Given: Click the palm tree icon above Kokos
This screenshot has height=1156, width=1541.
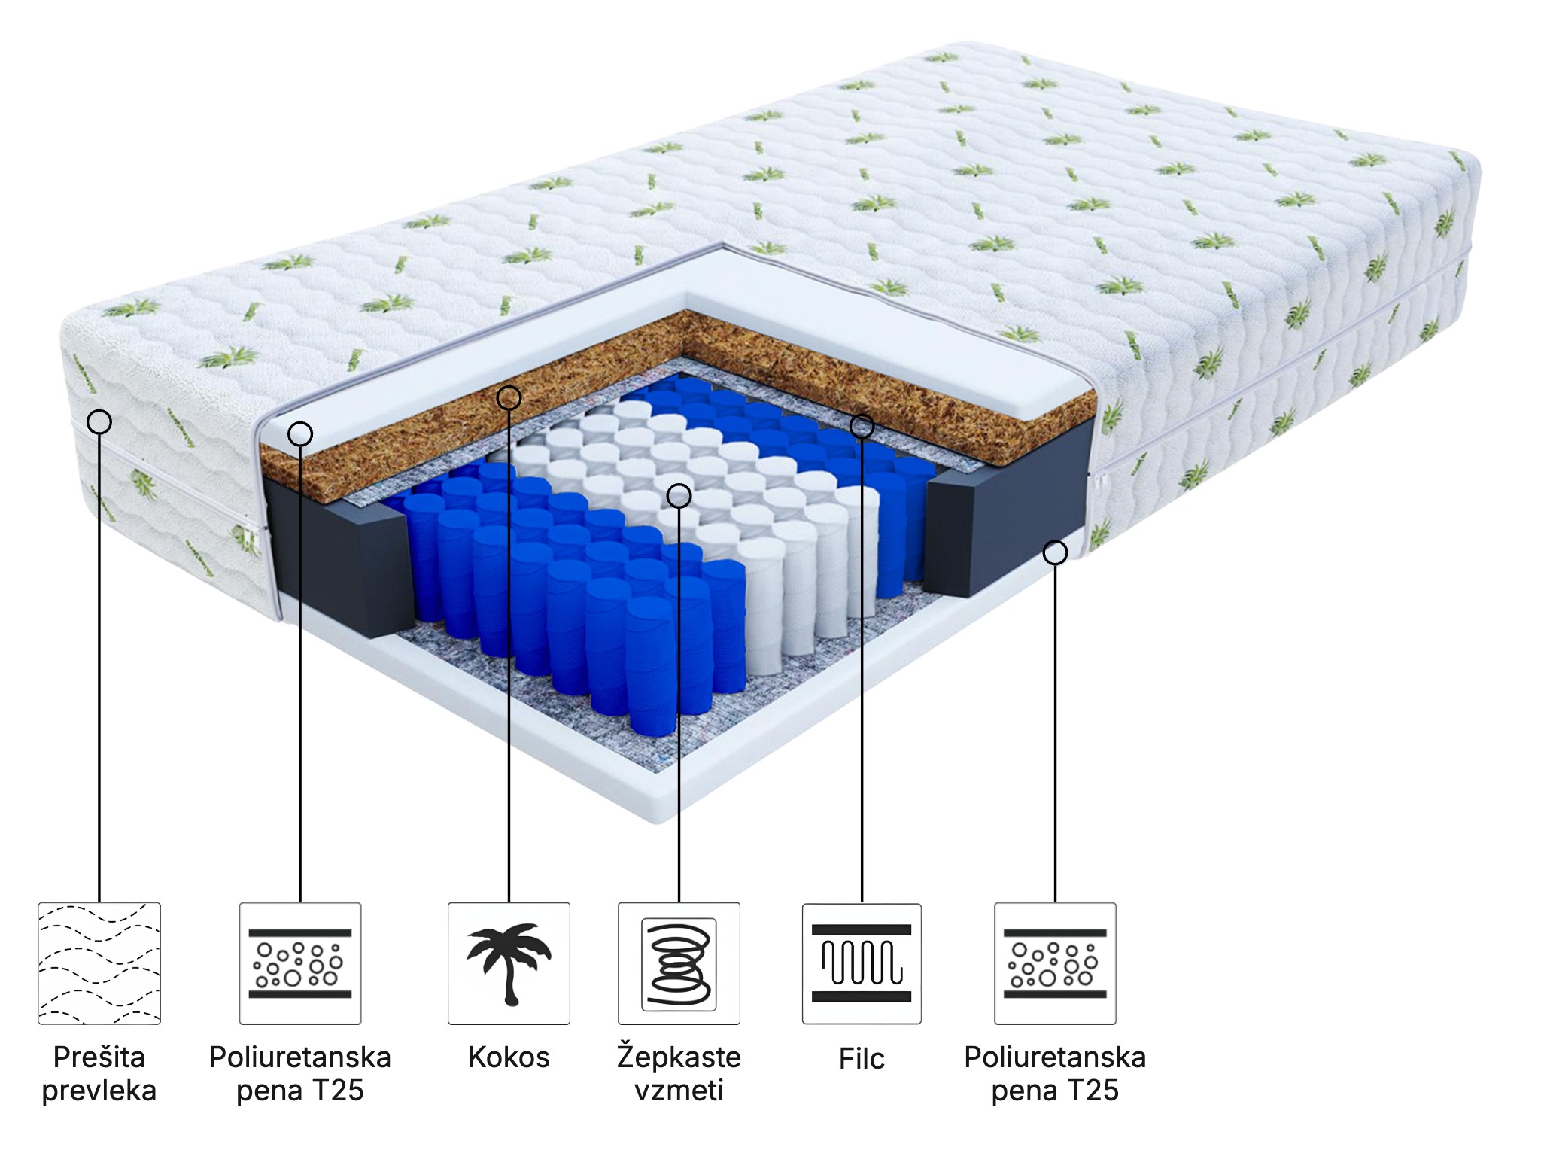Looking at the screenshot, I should click(x=509, y=963).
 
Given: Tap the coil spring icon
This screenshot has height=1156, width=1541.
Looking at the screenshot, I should click(x=679, y=963).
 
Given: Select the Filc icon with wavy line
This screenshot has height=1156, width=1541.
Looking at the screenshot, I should click(x=862, y=963).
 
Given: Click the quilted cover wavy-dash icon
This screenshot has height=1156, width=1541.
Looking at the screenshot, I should click(x=99, y=963).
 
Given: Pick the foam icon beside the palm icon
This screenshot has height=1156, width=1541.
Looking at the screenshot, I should click(x=300, y=963).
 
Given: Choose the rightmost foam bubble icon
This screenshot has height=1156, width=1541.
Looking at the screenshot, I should click(x=1055, y=963).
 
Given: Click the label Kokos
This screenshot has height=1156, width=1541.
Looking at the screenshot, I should click(x=509, y=1057).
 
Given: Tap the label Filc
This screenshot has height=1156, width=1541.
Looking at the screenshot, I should click(x=862, y=1059).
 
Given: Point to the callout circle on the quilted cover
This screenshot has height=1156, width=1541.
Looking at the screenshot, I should click(x=99, y=421).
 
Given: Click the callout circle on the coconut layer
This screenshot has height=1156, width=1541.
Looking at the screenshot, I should click(x=509, y=397).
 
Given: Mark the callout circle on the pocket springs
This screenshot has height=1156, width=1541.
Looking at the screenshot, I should click(x=679, y=495).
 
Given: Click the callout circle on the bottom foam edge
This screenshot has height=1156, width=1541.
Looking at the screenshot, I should click(x=1055, y=552).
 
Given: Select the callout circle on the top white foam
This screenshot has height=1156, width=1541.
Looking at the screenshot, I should click(x=300, y=433).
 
